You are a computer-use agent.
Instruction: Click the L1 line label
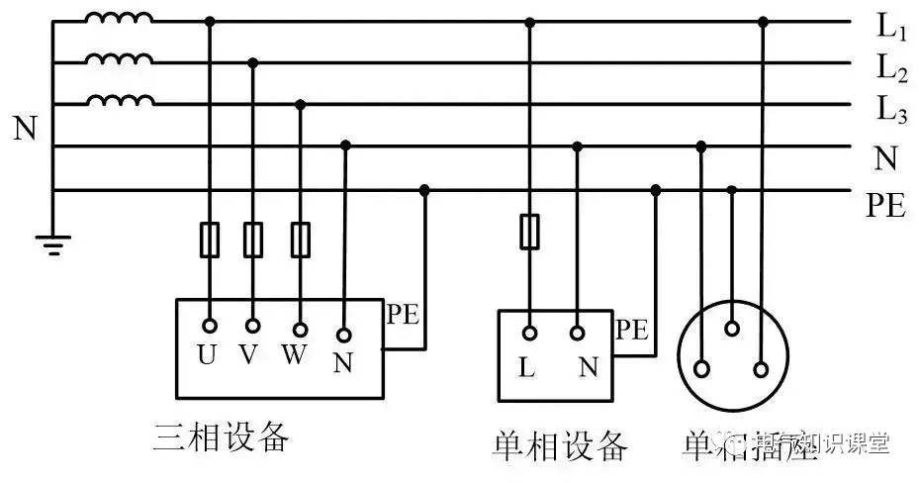tap(891, 28)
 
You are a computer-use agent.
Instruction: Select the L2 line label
tap(891, 69)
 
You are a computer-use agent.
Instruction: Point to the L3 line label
tap(891, 110)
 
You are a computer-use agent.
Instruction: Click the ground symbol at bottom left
tap(52, 243)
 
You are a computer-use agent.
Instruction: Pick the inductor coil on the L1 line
tap(119, 19)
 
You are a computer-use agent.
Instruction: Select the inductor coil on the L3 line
tap(119, 101)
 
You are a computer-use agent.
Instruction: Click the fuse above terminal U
tap(209, 240)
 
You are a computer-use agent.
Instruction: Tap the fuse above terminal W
tap(300, 240)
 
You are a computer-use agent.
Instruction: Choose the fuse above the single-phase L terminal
tap(528, 232)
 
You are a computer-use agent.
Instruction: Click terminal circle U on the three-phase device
tap(209, 326)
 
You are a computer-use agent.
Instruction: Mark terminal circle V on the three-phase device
tap(252, 326)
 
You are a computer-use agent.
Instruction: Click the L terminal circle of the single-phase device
tap(528, 334)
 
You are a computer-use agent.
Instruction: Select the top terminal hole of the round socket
tap(732, 328)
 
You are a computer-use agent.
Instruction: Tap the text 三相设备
tap(222, 436)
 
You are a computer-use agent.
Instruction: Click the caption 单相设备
tap(560, 446)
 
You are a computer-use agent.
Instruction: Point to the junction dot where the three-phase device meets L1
tap(209, 21)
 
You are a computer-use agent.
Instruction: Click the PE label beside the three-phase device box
tap(403, 317)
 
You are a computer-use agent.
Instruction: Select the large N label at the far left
tap(25, 129)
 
